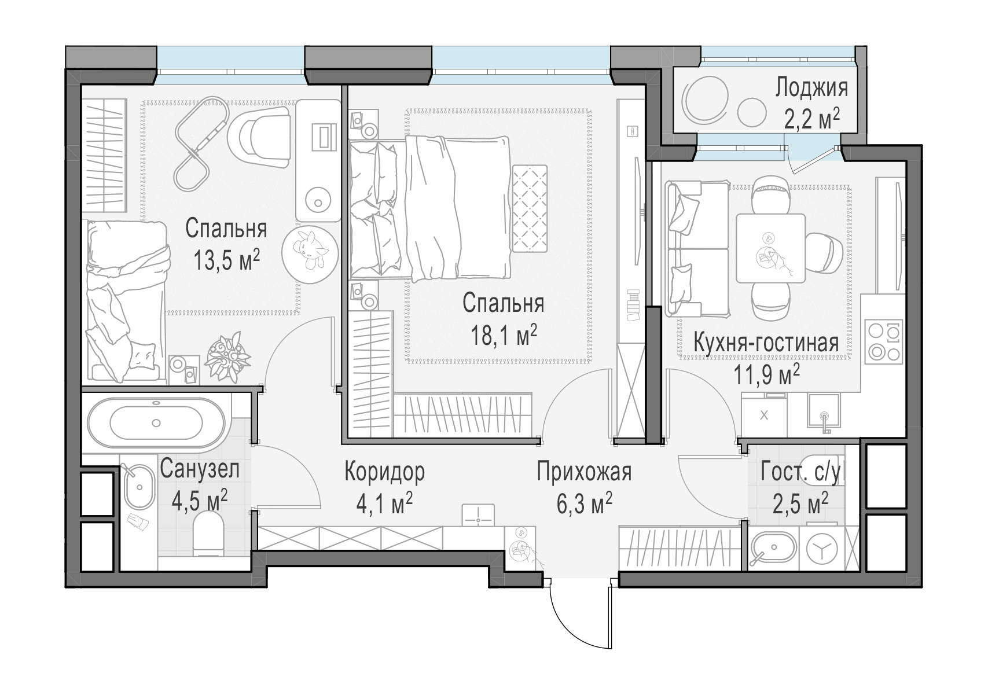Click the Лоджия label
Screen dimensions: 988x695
811,89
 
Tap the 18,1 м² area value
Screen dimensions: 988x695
504,336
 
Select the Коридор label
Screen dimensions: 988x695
385,472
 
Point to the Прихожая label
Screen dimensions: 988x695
585,472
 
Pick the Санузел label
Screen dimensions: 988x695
200,469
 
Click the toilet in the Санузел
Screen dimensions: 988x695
208,533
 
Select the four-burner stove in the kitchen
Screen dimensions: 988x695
883,342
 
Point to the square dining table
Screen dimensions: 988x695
770,248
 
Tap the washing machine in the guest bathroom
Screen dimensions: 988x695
822,549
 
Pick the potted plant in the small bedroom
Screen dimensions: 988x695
227,357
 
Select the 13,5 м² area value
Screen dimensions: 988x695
226,260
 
